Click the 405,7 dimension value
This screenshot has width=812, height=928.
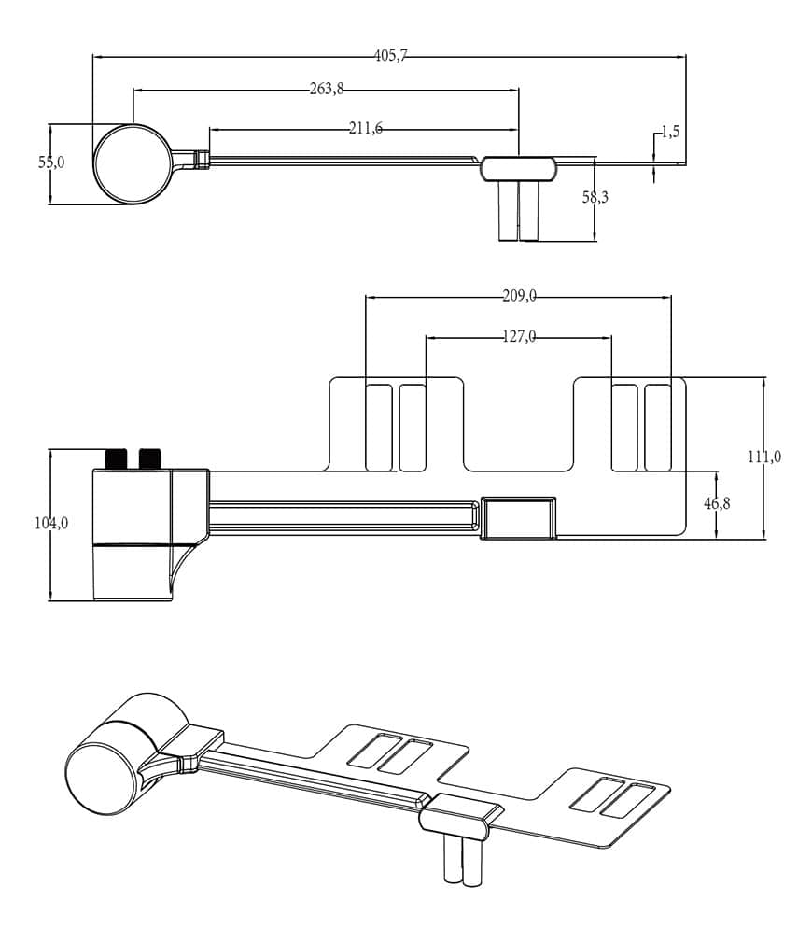point(391,56)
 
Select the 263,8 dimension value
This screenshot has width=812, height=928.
point(327,90)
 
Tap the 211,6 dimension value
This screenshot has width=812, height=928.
point(366,128)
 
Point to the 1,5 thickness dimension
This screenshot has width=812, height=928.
point(670,132)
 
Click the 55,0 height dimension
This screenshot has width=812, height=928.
point(51,162)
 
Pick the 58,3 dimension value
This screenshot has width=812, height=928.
point(595,197)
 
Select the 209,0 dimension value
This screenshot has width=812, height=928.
point(519,297)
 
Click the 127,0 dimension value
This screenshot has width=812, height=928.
point(519,337)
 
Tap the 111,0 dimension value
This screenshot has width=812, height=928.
point(764,457)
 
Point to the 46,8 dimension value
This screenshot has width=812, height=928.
point(717,503)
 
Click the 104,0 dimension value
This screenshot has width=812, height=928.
point(51,523)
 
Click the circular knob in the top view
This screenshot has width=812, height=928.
point(133,163)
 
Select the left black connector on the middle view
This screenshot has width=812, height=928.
point(116,458)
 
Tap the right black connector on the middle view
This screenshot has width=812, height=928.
point(149,458)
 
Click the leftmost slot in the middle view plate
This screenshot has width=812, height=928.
point(378,427)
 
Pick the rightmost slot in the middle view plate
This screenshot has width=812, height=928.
point(658,427)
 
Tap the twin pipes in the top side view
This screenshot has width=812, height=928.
point(518,211)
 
